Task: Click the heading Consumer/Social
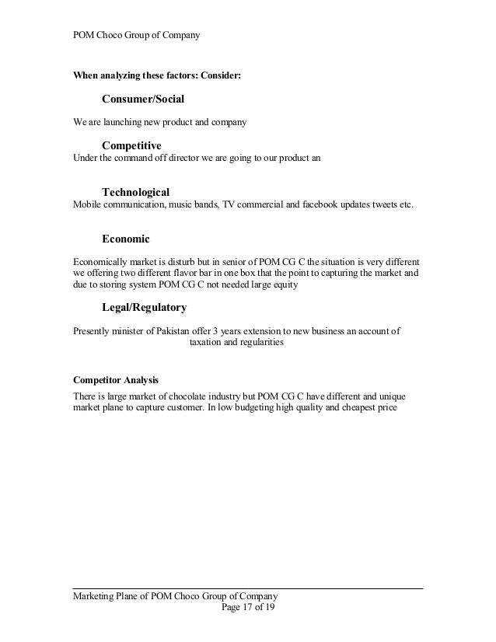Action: tap(143, 99)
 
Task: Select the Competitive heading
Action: tap(131, 145)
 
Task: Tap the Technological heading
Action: tap(135, 191)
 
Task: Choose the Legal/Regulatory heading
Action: tap(144, 307)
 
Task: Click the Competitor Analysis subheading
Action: tap(115, 381)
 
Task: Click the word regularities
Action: tap(261, 343)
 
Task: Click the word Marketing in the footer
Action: tap(96, 596)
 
